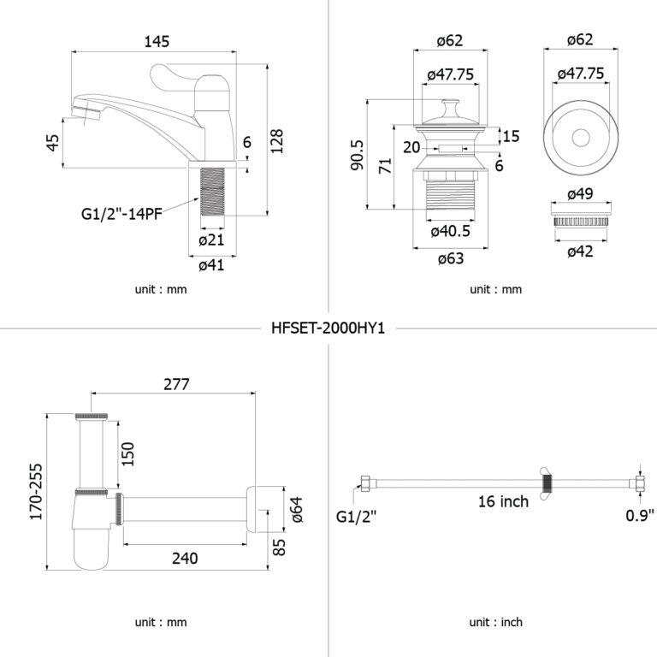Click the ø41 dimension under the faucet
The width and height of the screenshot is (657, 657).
click(210, 265)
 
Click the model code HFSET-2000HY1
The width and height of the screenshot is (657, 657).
click(328, 328)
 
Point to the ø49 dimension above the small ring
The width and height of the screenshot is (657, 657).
click(580, 193)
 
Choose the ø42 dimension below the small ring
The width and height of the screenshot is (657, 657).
click(580, 250)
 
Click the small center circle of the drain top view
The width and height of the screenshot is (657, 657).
click(580, 136)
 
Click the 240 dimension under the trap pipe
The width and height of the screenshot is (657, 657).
click(184, 558)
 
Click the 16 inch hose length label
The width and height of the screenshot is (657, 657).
click(503, 501)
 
